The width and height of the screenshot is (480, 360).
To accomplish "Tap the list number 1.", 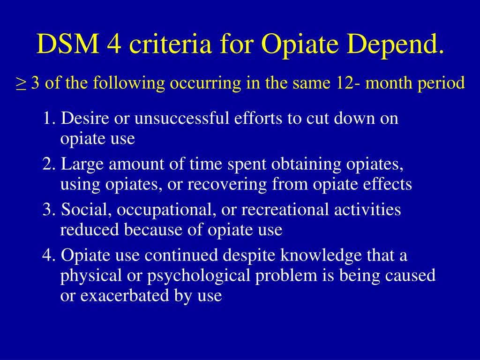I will pos(49,119).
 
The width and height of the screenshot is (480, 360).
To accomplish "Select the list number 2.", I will pos(49,165).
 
